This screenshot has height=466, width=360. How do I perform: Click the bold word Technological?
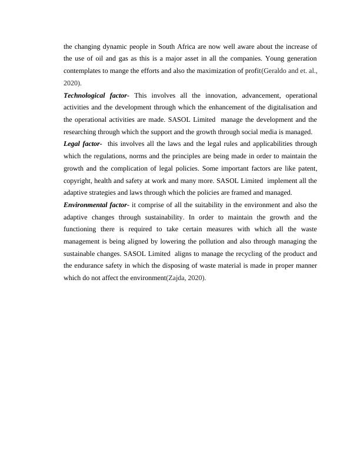[x=86, y=95]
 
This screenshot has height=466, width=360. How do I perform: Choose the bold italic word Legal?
[x=74, y=144]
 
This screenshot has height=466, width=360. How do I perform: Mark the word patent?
[x=305, y=169]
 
